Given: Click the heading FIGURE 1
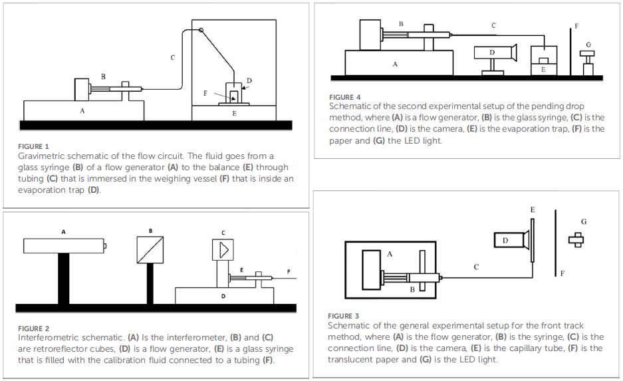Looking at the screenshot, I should (x=34, y=146).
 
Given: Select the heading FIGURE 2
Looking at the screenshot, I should (x=34, y=328).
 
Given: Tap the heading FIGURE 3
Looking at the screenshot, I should (x=344, y=316).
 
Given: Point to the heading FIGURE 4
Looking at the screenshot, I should (x=345, y=97).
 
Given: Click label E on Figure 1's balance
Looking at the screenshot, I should (x=233, y=114).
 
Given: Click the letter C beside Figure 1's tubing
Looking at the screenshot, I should (x=173, y=58).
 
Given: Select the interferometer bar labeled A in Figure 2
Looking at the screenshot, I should (x=64, y=246).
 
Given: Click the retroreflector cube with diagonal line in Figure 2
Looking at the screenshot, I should (x=151, y=250).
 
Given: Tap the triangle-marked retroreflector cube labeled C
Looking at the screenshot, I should (x=224, y=250).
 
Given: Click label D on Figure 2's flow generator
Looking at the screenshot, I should (x=223, y=295).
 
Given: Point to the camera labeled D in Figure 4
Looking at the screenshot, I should (x=495, y=53).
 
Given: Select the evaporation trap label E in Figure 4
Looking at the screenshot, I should (x=543, y=68).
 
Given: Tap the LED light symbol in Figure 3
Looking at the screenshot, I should (x=576, y=239).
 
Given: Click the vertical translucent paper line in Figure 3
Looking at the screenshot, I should (x=555, y=243).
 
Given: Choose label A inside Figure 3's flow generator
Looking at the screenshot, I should (x=390, y=253).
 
